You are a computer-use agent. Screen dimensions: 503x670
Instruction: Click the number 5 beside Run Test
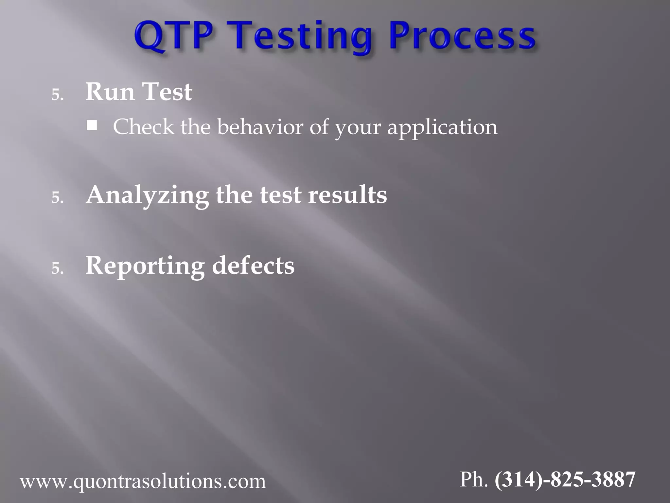57,95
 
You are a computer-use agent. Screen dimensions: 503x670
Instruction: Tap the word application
442,127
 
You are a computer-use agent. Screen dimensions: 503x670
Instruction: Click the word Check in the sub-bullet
144,127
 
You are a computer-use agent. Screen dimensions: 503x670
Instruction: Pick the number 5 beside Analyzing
57,198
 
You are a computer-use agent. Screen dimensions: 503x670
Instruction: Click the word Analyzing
147,195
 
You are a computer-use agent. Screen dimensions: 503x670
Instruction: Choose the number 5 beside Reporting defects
57,269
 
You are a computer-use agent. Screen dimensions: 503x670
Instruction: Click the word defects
253,266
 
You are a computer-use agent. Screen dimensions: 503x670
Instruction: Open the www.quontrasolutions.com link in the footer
143,482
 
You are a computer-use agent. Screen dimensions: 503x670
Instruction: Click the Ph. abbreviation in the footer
474,479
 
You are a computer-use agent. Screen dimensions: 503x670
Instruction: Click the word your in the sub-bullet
358,127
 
